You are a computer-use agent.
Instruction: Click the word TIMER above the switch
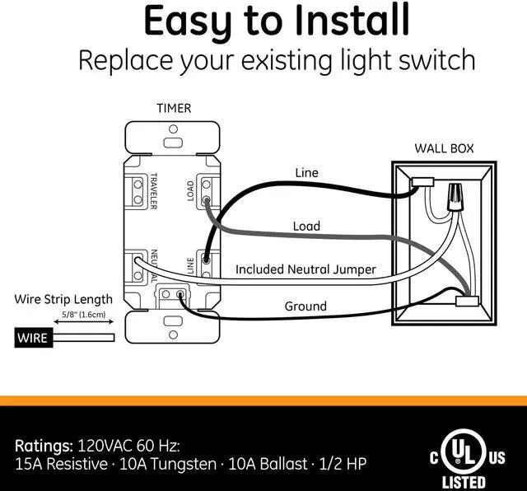click(174, 108)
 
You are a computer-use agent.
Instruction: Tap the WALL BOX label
click(443, 149)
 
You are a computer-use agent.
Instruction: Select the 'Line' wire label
click(306, 173)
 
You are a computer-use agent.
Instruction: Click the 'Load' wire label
click(306, 226)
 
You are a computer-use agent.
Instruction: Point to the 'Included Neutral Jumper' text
click(305, 269)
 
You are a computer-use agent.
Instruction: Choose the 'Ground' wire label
click(305, 306)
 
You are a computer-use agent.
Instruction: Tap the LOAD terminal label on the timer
click(190, 191)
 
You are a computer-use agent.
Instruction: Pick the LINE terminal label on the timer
click(190, 264)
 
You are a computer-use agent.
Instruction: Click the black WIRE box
click(31, 338)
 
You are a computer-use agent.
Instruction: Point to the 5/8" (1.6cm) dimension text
click(84, 316)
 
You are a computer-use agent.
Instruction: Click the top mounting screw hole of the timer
click(173, 131)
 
